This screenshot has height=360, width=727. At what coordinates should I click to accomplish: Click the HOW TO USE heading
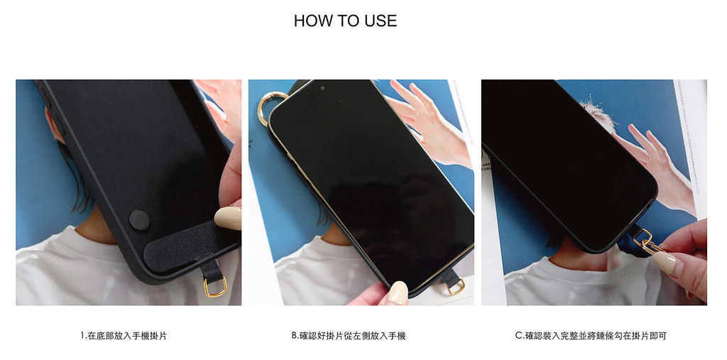pos(346,21)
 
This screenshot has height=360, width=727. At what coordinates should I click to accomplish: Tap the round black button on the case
pos(139,220)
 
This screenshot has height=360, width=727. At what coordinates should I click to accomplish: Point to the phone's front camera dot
pos(322,88)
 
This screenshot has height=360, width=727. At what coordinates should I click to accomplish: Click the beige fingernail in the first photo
pos(229,218)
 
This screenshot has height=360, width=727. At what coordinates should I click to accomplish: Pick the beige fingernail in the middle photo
pos(398,293)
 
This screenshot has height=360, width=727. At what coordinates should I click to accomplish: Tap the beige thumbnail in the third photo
pos(664,263)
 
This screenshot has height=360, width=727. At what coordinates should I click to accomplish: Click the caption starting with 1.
pos(124,335)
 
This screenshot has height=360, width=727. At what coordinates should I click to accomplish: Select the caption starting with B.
pos(349,335)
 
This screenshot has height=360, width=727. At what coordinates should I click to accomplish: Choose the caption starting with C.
pos(591,335)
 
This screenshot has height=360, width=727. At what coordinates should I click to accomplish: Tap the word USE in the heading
pos(381,21)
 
